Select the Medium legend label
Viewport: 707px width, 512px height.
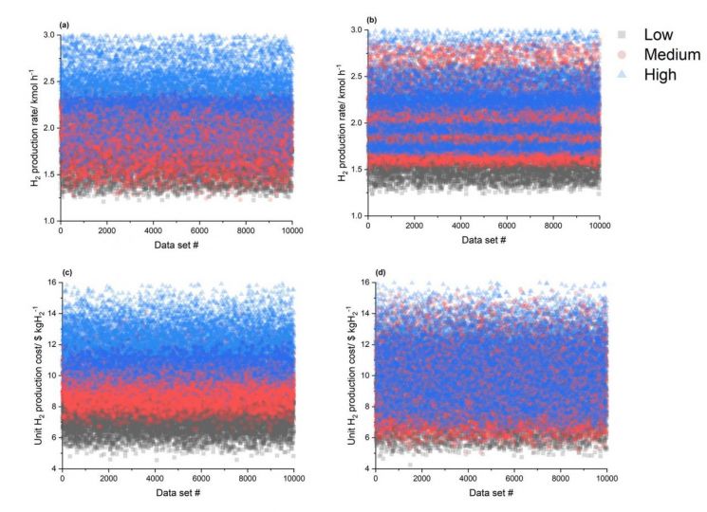click(671, 55)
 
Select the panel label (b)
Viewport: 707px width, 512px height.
click(381, 19)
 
